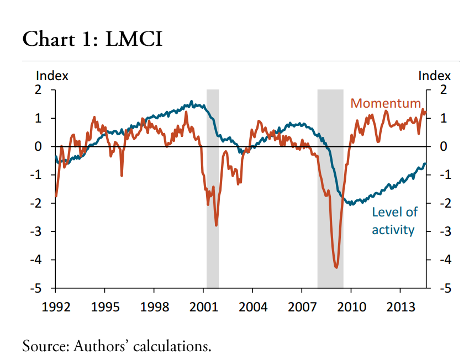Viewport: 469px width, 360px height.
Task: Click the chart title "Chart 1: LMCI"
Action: click(92, 39)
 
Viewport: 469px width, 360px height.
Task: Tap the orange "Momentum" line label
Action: click(386, 103)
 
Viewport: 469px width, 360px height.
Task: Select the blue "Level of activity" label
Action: click(394, 221)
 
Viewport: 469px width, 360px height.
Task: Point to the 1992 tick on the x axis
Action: click(56, 306)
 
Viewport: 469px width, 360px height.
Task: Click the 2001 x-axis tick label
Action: click(203, 306)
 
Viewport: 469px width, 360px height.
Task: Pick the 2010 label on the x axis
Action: click(351, 306)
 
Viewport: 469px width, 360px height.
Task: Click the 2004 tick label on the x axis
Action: click(252, 306)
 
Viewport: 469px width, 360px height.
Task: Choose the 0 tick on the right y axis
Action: click(442, 146)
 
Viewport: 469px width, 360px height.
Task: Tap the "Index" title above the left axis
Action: click(52, 76)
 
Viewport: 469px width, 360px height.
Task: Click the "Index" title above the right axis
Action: click(434, 76)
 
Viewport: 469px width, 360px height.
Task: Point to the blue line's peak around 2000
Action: click(192, 102)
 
